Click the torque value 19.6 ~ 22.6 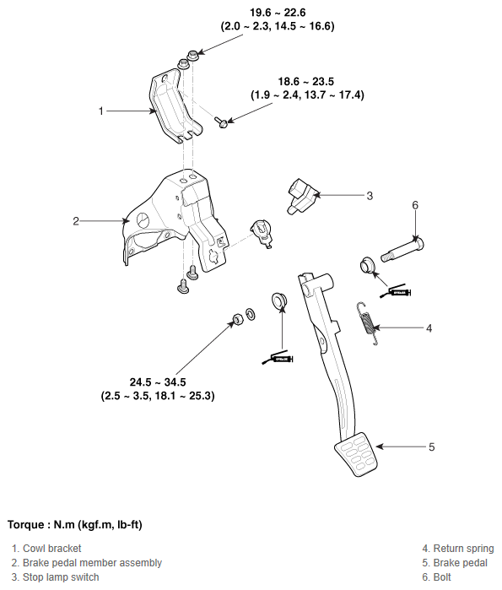278,13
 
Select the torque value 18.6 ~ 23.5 306,81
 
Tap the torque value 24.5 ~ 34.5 158,382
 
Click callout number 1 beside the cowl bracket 100,111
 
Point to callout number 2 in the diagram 76,221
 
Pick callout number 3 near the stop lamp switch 370,196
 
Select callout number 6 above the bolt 415,205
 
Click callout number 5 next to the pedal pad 432,447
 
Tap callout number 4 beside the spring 429,328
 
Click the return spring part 367,323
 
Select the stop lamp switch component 302,195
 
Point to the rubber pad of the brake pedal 356,455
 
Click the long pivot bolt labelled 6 402,249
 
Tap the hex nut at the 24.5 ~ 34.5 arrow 238,319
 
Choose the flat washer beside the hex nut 251,314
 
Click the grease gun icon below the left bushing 278,359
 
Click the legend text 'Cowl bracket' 52,549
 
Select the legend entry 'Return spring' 464,549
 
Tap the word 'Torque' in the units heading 25,524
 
